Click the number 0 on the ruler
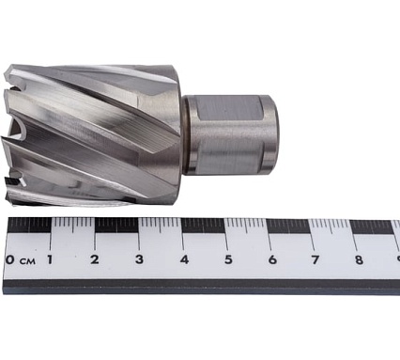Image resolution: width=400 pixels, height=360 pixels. point(9,259)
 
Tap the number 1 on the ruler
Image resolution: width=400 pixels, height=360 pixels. point(50,259)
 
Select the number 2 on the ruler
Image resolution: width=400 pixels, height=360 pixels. point(95,259)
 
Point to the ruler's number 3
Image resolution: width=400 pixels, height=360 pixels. point(139,259)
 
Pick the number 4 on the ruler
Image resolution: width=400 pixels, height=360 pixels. point(184,259)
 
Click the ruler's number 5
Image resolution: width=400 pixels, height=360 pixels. point(227,259)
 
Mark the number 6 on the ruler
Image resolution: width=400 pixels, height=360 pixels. point(271,259)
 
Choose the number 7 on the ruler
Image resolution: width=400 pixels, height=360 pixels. point(315,259)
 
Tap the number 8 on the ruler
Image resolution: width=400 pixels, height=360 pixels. point(358,259)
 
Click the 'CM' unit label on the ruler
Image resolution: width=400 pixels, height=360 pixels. point(27,260)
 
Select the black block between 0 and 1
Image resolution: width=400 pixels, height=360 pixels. point(29,226)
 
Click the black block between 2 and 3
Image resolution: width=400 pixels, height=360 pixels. point(116,226)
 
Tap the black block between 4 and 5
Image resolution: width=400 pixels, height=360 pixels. point(204,226)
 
